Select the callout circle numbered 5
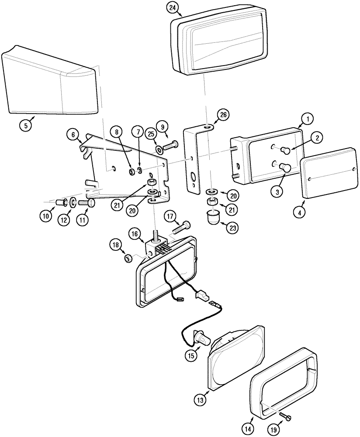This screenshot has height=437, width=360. (26, 125)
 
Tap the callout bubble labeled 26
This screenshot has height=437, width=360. (223, 115)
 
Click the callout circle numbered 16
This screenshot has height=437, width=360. (134, 234)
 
